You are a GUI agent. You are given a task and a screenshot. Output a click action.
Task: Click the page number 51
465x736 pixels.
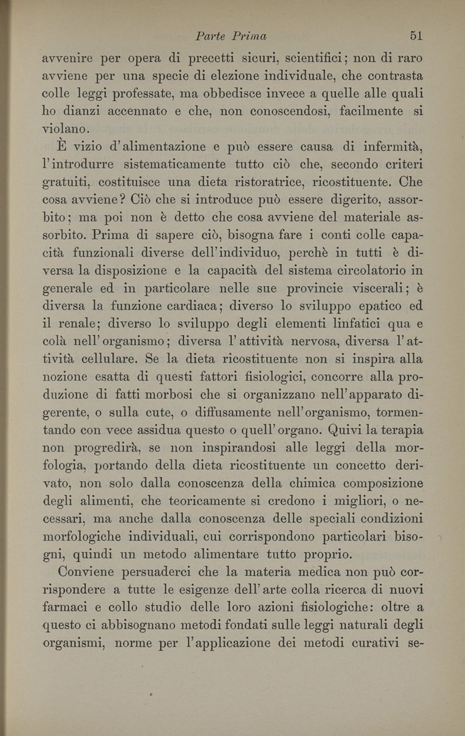coord(415,35)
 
